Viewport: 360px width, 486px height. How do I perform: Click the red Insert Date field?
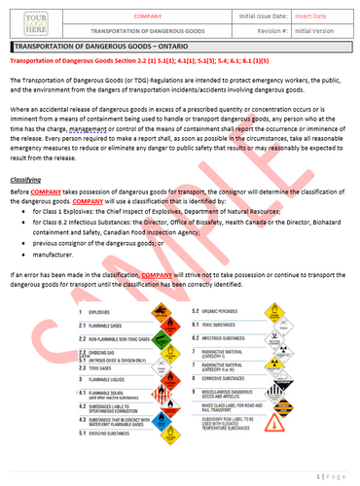point(316,17)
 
